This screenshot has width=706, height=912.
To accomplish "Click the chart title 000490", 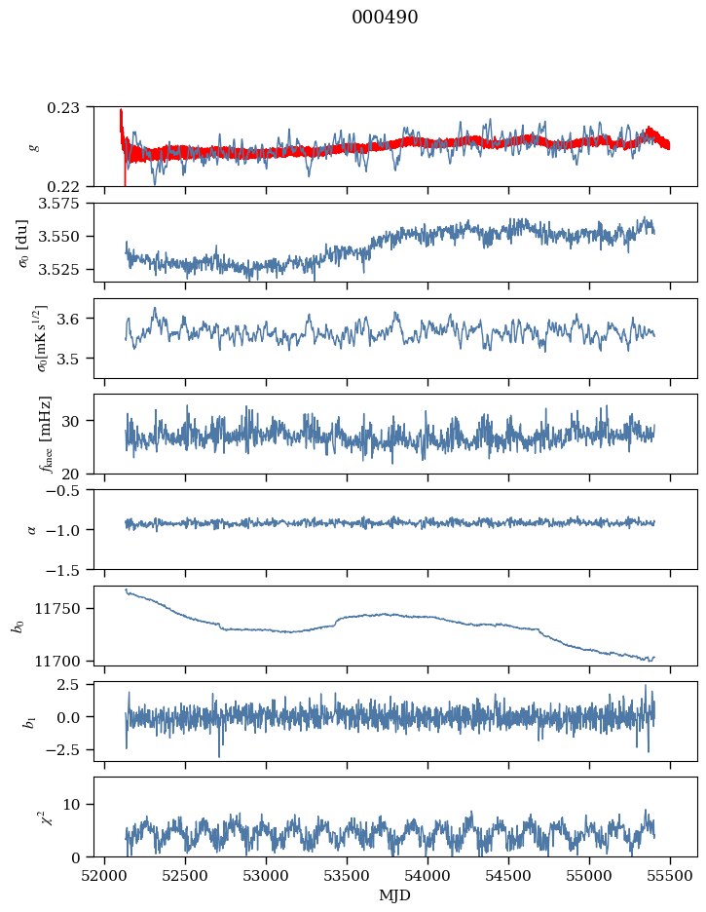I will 385,18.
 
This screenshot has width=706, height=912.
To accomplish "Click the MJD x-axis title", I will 395,894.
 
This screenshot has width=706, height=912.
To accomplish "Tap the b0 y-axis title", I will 17,625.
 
